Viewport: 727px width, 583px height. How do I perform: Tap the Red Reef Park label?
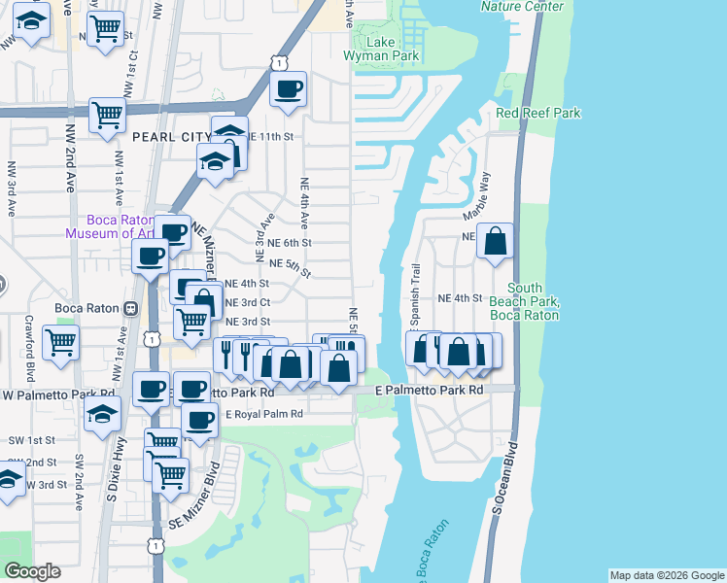tap(537, 113)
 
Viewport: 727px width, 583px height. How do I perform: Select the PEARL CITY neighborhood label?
tap(172, 137)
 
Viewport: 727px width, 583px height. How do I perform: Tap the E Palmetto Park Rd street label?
tap(430, 390)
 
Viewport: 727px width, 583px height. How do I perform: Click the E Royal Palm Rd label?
tap(264, 414)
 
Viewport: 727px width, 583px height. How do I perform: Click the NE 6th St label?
tap(289, 243)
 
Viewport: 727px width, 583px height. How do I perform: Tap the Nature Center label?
tap(522, 6)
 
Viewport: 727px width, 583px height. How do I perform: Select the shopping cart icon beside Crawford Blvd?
tap(60, 342)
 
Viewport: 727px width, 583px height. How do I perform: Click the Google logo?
tap(32, 571)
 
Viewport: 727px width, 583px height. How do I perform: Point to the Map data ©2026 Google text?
tap(666, 575)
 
